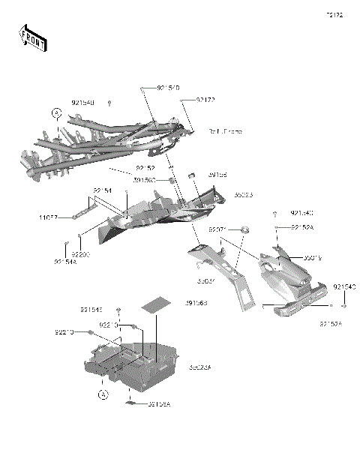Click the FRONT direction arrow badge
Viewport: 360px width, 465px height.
[x=31, y=38]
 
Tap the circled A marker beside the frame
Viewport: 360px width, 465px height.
[x=56, y=113]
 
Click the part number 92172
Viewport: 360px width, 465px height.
[x=205, y=100]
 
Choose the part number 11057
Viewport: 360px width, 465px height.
[x=49, y=218]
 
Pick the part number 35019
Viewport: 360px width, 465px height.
[x=313, y=257]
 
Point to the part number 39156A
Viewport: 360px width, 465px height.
[x=159, y=404]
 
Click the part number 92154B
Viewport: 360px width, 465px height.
[x=83, y=102]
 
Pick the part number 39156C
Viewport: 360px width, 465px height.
[x=166, y=180]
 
